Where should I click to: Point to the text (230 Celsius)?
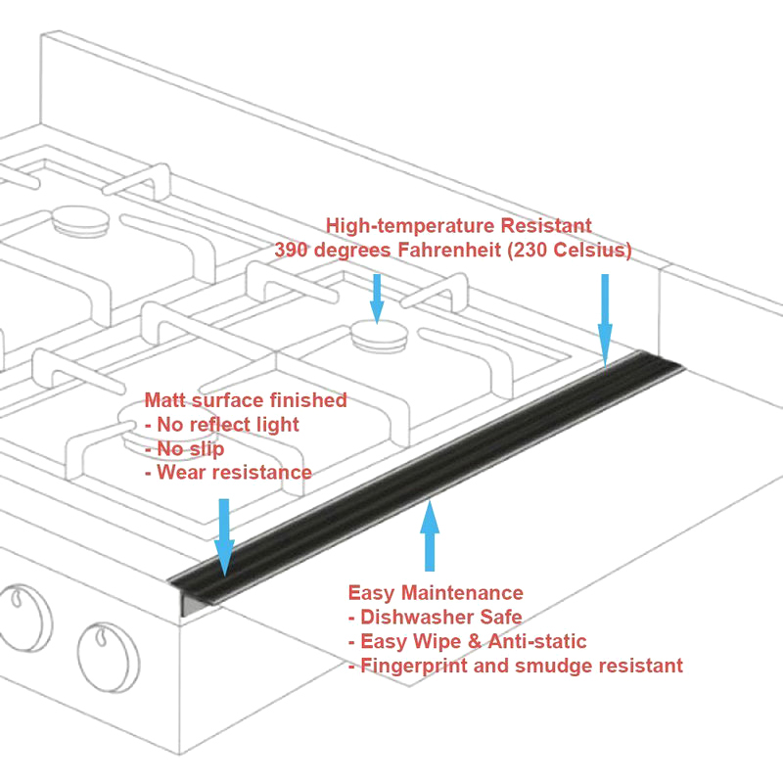(567, 251)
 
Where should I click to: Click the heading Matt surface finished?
(246, 399)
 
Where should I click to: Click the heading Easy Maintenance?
(436, 593)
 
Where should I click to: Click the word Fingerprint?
(412, 667)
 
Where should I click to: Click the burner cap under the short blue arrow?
(378, 335)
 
